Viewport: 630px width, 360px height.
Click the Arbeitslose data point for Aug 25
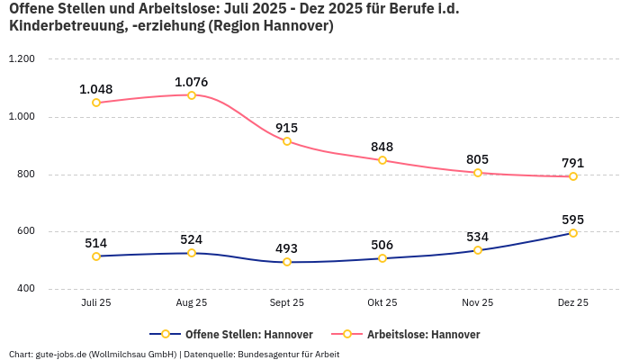point(192,94)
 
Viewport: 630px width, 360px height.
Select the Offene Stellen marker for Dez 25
point(573,233)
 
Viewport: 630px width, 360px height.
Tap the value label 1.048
point(96,89)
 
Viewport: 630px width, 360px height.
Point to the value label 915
point(287,128)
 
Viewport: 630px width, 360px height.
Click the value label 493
point(287,248)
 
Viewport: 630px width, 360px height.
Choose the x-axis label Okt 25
point(382,303)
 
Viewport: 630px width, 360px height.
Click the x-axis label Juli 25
point(96,303)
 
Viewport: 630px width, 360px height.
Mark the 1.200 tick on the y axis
point(21,58)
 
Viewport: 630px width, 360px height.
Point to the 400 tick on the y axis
point(24,289)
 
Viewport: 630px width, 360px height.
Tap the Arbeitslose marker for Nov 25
point(478,172)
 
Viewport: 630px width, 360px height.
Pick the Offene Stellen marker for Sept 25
point(287,262)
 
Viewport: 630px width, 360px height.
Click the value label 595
point(573,219)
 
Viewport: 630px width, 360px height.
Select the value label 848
point(382,147)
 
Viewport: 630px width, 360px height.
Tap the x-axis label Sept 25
point(287,303)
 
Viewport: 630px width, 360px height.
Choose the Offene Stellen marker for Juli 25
point(96,256)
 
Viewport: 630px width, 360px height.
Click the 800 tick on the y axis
point(24,174)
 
